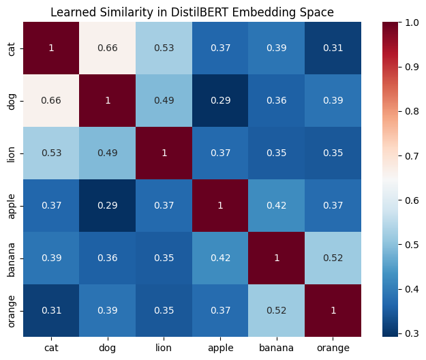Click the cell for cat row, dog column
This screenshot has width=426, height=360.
108,49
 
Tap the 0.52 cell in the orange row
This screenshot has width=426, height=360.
277,310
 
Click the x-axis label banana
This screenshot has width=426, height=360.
277,348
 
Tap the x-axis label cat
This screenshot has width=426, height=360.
51,348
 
